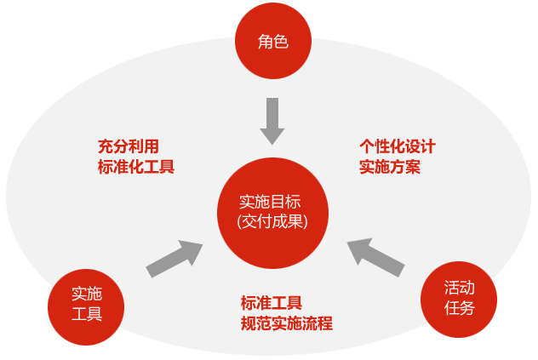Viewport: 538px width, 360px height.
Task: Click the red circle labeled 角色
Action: [273, 40]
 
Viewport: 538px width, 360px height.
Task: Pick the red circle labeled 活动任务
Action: [459, 299]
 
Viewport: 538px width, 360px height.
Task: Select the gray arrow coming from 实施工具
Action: [175, 259]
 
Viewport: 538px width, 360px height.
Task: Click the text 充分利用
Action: [129, 146]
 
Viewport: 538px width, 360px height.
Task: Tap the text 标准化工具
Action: [136, 166]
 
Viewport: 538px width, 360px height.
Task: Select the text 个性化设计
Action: [398, 146]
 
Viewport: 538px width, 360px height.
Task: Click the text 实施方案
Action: [390, 166]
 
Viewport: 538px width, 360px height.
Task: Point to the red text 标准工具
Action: [272, 302]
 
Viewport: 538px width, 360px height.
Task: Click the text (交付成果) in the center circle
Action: [272, 221]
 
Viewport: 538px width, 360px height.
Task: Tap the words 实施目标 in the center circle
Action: [271, 202]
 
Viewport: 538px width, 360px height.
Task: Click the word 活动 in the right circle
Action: [460, 288]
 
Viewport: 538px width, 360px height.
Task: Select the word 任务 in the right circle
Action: [459, 308]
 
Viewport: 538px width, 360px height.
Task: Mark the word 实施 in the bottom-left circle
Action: [86, 294]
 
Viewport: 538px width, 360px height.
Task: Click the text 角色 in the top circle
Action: [273, 40]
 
